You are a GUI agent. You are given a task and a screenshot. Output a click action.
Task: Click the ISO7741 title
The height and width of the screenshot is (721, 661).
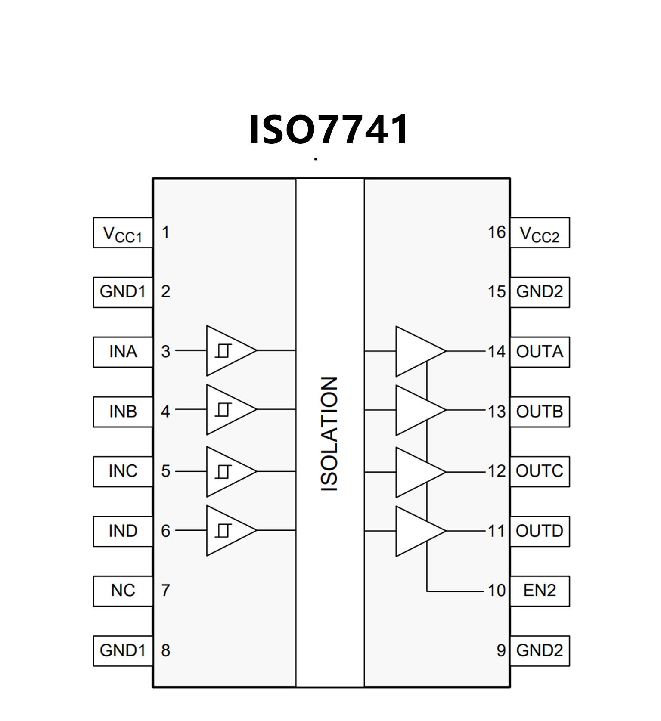click(x=329, y=130)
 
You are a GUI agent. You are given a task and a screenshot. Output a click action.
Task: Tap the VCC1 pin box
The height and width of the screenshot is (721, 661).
click(x=123, y=233)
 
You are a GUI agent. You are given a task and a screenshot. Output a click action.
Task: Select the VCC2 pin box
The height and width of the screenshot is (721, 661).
click(x=540, y=233)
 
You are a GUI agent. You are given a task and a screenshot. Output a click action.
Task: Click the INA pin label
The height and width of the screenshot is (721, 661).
click(x=123, y=352)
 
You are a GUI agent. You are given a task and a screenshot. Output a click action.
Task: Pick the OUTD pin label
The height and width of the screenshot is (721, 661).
click(x=540, y=531)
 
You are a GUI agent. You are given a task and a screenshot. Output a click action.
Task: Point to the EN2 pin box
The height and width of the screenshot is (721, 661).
click(x=540, y=591)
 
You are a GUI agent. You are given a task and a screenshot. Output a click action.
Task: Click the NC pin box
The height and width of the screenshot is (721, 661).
click(x=123, y=591)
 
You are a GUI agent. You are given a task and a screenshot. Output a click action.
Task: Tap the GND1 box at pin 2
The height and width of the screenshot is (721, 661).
click(x=123, y=292)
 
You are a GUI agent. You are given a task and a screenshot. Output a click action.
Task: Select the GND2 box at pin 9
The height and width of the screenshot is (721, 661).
click(x=540, y=650)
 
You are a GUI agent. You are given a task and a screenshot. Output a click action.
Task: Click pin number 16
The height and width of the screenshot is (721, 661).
click(x=497, y=232)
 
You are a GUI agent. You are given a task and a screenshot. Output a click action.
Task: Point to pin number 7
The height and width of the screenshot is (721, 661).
click(x=165, y=591)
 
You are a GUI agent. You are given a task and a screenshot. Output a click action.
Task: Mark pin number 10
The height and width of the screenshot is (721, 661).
click(x=497, y=591)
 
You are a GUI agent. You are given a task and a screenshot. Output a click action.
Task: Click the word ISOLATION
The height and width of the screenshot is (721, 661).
click(x=330, y=434)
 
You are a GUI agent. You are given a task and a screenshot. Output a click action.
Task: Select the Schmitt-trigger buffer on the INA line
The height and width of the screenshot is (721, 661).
click(x=228, y=351)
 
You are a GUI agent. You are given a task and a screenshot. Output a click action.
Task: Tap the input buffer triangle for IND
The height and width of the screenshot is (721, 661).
click(x=228, y=530)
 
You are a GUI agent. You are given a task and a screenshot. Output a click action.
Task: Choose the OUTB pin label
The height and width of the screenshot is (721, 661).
click(x=540, y=412)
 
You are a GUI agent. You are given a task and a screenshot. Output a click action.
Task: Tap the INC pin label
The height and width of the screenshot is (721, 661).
click(x=123, y=471)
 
